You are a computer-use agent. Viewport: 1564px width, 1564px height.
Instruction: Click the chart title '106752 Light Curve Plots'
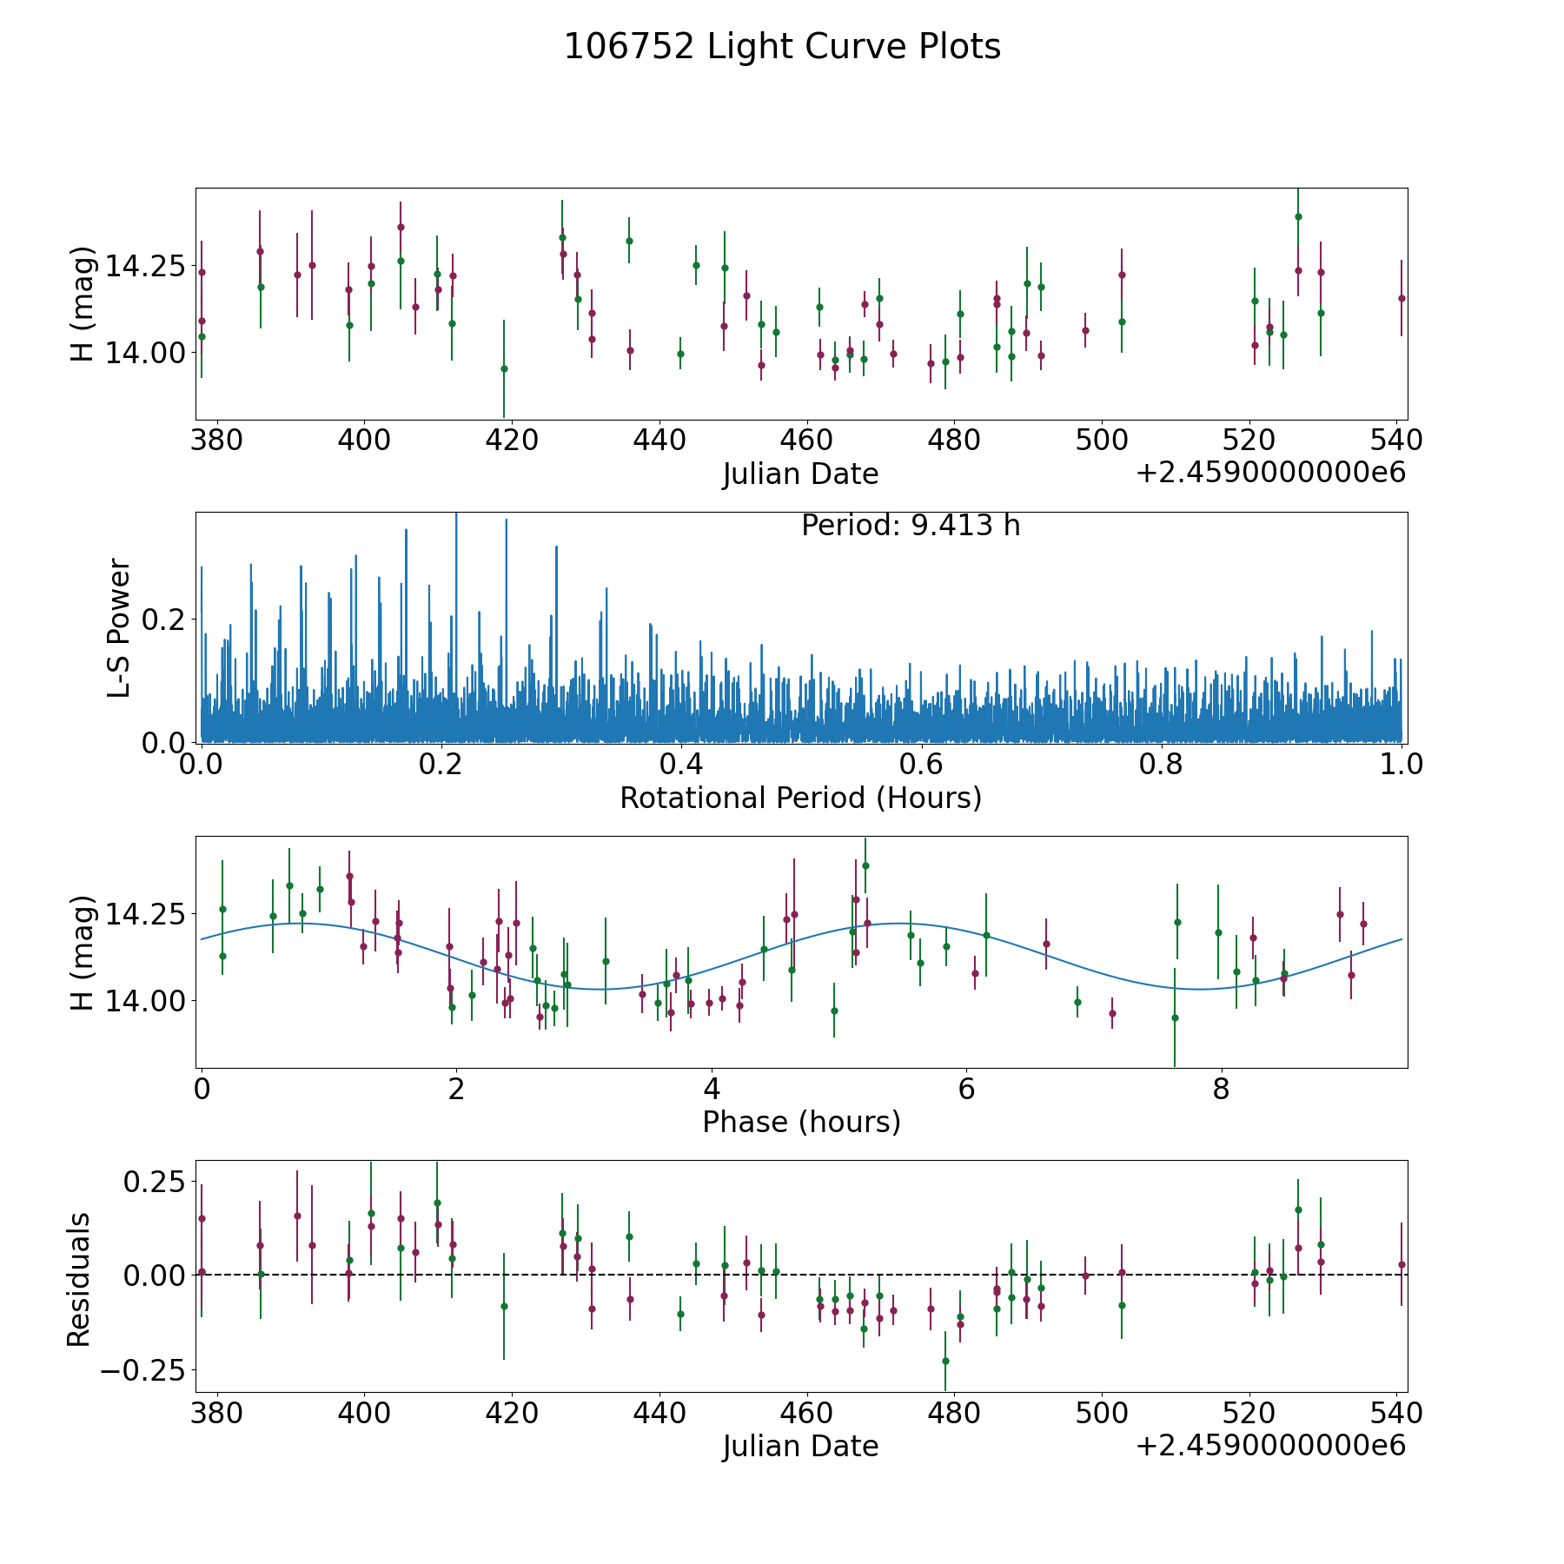[782, 47]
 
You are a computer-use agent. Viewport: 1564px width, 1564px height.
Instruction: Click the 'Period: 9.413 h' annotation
[911, 526]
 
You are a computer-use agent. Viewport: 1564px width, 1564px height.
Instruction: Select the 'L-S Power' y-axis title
[119, 627]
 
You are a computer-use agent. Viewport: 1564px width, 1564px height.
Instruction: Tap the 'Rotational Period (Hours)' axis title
[800, 798]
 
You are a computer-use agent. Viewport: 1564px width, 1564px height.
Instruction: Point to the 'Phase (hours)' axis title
[801, 1122]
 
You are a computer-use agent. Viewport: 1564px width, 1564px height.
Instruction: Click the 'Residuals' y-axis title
[79, 1279]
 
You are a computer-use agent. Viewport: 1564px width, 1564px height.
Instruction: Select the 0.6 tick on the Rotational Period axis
[922, 765]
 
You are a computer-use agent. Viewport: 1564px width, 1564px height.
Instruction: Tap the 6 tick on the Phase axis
[966, 1089]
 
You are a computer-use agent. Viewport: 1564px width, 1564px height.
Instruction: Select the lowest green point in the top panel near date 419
[504, 368]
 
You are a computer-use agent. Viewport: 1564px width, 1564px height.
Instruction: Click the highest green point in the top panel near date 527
[1298, 216]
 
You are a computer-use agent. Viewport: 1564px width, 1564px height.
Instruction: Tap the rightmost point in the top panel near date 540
[1402, 298]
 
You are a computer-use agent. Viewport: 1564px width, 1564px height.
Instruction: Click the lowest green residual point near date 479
[945, 1361]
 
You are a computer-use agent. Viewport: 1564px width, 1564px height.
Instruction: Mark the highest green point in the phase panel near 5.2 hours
[865, 865]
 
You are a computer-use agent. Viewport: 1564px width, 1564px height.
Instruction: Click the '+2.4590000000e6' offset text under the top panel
[1270, 474]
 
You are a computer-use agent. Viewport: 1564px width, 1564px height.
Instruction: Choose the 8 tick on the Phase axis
[1221, 1089]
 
